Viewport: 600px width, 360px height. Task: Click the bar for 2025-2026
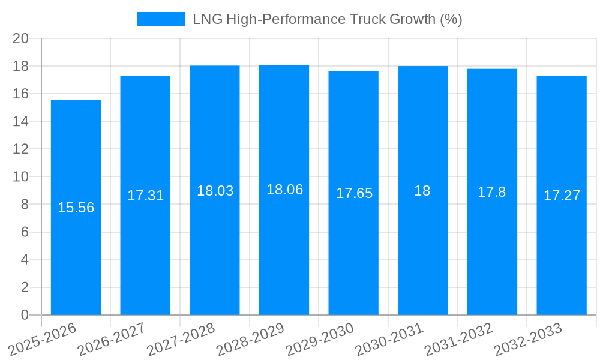point(76,207)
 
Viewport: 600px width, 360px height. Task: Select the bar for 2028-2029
point(284,190)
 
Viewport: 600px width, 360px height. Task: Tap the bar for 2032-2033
point(562,195)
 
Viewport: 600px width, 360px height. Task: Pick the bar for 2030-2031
point(422,190)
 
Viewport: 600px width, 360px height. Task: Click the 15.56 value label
point(76,208)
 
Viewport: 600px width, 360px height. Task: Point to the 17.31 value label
point(145,196)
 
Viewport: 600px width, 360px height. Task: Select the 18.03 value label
point(215,191)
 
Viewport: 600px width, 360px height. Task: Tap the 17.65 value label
point(353,193)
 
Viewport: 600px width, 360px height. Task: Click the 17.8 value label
point(492,192)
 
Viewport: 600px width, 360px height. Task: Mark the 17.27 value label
point(562,196)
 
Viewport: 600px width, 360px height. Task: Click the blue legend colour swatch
point(161,19)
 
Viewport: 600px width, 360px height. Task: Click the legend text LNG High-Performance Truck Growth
point(327,19)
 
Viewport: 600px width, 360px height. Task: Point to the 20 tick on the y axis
point(21,38)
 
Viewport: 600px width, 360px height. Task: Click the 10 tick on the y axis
point(21,177)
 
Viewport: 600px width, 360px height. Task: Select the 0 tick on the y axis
point(25,315)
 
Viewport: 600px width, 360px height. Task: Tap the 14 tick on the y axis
point(21,121)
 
